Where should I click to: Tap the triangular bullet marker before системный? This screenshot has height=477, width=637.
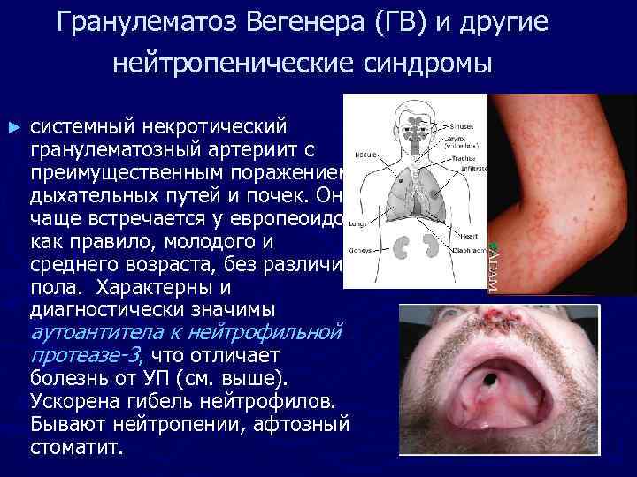[x=12, y=127]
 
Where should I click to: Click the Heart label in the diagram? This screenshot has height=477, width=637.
[x=468, y=237]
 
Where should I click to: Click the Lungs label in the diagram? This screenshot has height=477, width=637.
[x=357, y=224]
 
